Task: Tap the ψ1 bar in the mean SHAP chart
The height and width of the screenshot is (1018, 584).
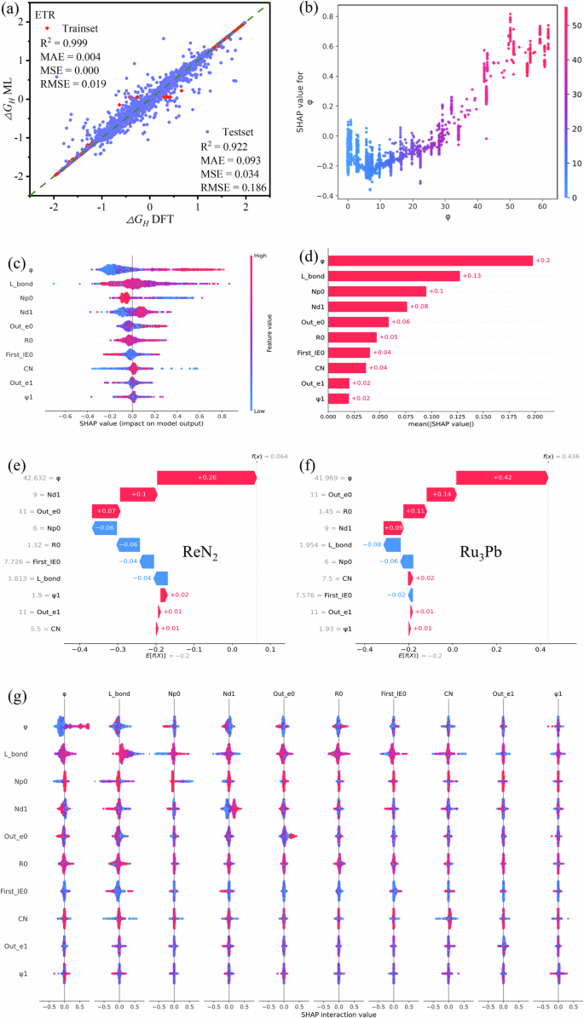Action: click(338, 398)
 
